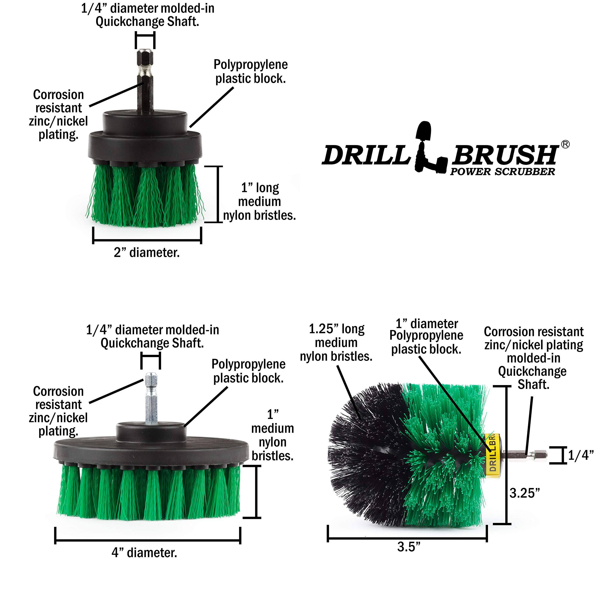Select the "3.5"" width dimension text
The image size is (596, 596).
(409, 547)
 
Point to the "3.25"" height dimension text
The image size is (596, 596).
(525, 493)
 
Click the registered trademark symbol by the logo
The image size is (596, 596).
(565, 144)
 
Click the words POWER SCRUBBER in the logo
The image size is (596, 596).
(502, 172)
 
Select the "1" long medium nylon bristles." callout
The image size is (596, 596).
(259, 201)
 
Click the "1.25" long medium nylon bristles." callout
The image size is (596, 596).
(336, 342)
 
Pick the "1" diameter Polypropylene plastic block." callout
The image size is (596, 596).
(426, 336)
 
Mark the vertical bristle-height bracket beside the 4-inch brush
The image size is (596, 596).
(256, 492)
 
